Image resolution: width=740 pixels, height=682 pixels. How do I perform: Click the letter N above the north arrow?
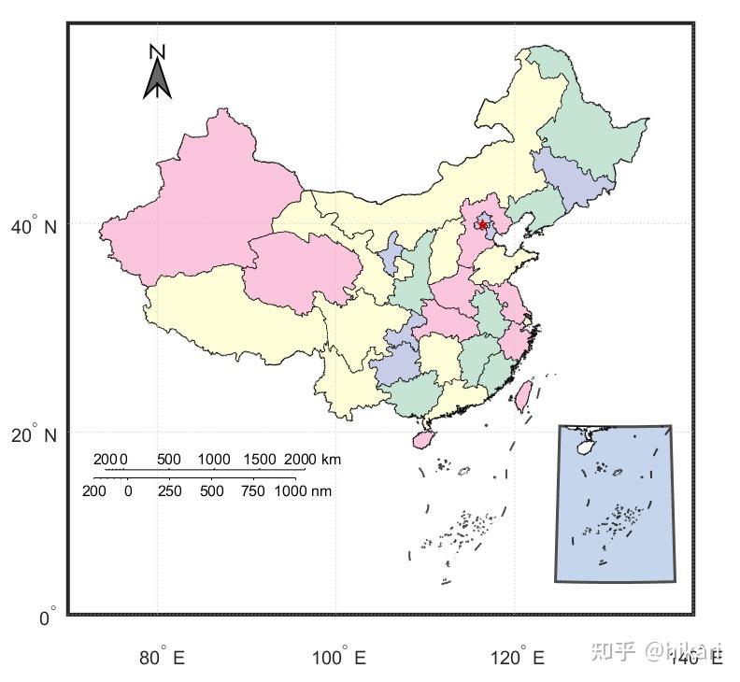click(x=158, y=52)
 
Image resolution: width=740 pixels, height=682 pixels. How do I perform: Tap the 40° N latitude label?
click(x=34, y=227)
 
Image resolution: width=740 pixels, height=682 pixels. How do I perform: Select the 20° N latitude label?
click(x=34, y=435)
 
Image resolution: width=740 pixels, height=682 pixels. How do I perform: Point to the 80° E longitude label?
click(x=163, y=658)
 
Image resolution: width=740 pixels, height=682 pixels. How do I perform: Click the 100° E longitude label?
click(x=339, y=658)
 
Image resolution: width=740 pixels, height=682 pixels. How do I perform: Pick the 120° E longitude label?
click(x=518, y=658)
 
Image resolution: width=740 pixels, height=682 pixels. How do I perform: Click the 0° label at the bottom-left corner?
click(x=47, y=618)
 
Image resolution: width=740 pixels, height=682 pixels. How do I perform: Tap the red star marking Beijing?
click(x=482, y=224)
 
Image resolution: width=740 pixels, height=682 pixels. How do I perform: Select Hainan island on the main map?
click(x=423, y=437)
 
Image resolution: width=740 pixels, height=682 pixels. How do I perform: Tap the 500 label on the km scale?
click(x=169, y=459)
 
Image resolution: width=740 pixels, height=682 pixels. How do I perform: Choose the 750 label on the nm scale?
click(x=253, y=490)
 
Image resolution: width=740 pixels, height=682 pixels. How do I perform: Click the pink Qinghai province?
click(x=304, y=266)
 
